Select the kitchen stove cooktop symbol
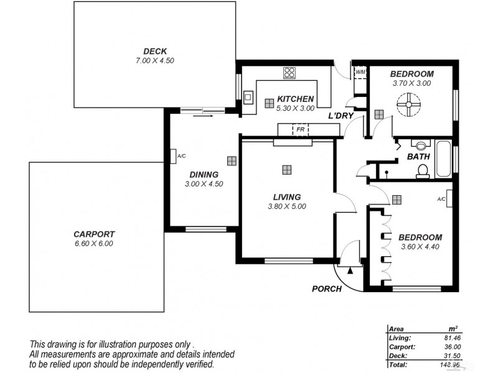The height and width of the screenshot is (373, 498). pos(289,72)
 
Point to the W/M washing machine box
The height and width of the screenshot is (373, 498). pos(360,72)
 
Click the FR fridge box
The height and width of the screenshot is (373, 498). pos(300,129)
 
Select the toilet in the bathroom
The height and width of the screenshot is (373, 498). pos(423,170)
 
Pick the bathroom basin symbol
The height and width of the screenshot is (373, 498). pos(421,146)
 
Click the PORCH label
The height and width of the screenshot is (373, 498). pos(327,289)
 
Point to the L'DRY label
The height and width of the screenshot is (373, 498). pos(341,116)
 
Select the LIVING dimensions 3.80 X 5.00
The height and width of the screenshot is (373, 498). pos(286,206)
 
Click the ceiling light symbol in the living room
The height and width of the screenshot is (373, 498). pos(286,169)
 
